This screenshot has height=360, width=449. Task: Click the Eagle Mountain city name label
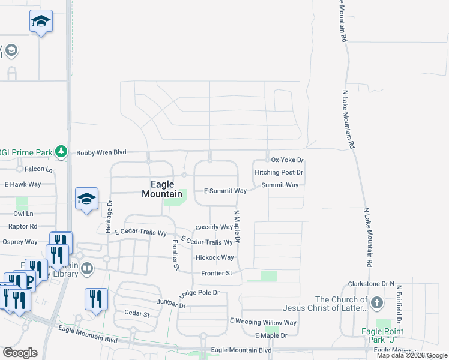pyautogui.click(x=162, y=189)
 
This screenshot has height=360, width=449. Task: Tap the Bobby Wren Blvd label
pyautogui.click(x=101, y=153)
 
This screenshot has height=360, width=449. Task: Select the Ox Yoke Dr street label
pyautogui.click(x=288, y=160)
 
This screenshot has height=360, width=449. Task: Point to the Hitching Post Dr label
pyautogui.click(x=279, y=172)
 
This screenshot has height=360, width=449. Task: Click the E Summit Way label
pyautogui.click(x=225, y=191)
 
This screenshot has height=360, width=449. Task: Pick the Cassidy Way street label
pyautogui.click(x=214, y=227)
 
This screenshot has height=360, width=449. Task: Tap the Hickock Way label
pyautogui.click(x=214, y=257)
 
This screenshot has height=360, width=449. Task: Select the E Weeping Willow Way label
pyautogui.click(x=264, y=322)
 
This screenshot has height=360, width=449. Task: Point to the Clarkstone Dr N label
pyautogui.click(x=371, y=283)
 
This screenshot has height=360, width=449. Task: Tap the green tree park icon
pyautogui.click(x=61, y=152)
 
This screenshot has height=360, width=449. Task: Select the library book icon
pyautogui.click(x=87, y=268)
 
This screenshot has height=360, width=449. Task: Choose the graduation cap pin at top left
pyautogui.click(x=41, y=22)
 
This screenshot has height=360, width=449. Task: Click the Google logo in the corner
pyautogui.click(x=20, y=352)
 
